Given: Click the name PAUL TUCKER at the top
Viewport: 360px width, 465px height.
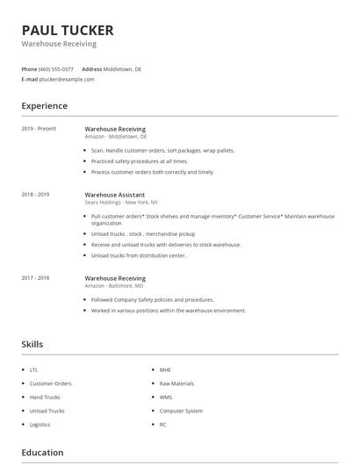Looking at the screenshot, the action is [x=68, y=30].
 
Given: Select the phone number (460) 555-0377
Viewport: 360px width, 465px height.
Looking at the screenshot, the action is [x=57, y=68].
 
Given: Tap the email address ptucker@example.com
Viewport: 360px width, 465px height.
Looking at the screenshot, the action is [x=67, y=79].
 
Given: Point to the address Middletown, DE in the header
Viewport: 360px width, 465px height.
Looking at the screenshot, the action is [x=122, y=68].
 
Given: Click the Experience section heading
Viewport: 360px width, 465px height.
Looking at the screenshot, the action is [x=45, y=106].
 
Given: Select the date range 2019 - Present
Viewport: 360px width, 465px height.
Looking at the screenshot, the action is [x=39, y=129].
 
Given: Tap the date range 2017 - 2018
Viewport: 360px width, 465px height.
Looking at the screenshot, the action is [x=35, y=278].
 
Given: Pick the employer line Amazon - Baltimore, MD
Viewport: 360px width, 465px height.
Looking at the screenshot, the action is [x=114, y=286].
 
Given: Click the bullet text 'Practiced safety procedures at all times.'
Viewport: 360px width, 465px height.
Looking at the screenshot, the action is [x=140, y=161].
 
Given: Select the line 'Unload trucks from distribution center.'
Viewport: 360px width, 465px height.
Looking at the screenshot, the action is [x=139, y=255].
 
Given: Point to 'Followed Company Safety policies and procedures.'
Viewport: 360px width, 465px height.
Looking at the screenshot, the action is [x=152, y=300].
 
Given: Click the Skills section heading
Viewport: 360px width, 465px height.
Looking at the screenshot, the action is [x=32, y=345].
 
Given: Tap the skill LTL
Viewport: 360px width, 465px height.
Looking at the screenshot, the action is [x=33, y=370].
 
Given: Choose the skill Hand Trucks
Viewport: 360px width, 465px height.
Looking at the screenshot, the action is [x=45, y=397].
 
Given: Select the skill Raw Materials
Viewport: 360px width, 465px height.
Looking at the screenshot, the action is [x=176, y=383].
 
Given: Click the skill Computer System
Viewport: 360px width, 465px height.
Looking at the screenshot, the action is [x=181, y=411].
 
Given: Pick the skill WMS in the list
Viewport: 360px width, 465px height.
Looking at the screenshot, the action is [x=166, y=397].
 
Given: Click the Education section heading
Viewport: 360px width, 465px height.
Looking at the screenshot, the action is [x=42, y=453].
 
